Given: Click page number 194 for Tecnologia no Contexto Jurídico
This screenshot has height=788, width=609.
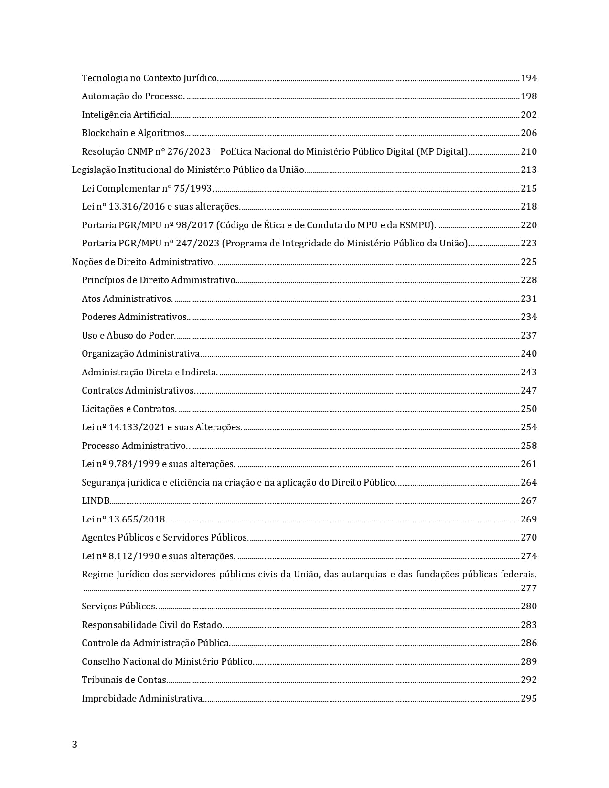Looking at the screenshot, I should (x=529, y=78).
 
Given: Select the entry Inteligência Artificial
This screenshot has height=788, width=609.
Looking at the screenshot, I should (x=126, y=115).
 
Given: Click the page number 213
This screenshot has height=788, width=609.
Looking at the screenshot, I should (x=529, y=170).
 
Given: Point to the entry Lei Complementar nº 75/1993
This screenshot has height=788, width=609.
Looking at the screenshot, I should (x=148, y=188).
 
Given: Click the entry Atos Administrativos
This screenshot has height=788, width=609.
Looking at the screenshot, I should (x=127, y=298).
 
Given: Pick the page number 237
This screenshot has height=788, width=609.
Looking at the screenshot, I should (x=529, y=335).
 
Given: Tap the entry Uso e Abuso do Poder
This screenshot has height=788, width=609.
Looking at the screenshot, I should (x=128, y=335).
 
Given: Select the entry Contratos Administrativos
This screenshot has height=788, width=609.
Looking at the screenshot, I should (x=139, y=390).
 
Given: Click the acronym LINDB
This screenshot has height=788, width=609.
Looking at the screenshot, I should (x=96, y=500).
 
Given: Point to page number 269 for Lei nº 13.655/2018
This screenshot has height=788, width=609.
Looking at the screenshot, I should (x=529, y=519).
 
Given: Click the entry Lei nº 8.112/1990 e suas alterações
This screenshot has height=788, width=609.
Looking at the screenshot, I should (x=159, y=556).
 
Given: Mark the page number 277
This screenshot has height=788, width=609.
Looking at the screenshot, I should (x=529, y=588).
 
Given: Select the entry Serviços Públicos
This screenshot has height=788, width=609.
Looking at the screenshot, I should (x=119, y=606).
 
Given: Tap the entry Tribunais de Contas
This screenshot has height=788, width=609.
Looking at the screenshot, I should (x=124, y=680).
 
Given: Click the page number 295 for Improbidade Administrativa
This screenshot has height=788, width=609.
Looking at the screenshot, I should (x=529, y=698).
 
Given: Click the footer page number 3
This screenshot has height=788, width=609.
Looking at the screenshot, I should (x=75, y=745).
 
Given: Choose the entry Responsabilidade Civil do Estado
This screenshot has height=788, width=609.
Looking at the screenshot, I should (x=153, y=625).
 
